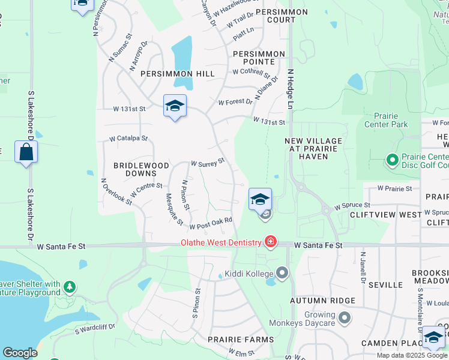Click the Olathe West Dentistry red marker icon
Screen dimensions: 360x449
271,242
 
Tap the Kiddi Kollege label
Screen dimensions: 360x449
247,274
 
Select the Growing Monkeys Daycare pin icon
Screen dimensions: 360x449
344,317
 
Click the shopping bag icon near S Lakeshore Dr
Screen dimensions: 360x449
26,152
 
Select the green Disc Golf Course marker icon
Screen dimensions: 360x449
392,160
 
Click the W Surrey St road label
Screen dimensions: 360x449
207,162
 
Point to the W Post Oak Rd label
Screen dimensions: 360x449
211,223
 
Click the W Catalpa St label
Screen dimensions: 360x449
128,139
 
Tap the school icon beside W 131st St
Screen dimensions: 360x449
175,106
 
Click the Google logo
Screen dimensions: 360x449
20,353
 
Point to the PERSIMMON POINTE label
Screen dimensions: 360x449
259,58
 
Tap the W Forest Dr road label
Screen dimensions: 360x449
235,102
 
